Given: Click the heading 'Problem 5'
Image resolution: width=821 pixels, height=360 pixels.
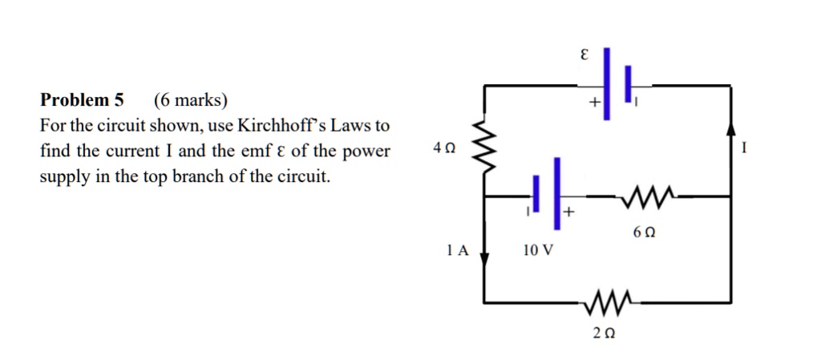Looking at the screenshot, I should click(x=82, y=100).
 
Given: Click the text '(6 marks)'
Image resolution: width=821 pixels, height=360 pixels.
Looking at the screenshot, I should click(x=191, y=100).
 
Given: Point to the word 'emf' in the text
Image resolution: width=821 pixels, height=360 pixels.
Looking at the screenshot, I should click(x=249, y=152).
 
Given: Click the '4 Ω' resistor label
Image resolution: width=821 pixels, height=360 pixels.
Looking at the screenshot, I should click(x=443, y=148).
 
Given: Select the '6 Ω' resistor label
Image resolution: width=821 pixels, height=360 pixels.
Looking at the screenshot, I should click(x=644, y=233).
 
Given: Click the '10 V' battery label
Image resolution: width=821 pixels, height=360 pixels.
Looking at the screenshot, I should click(x=537, y=250).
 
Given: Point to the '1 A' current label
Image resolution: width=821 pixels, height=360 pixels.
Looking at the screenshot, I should click(x=456, y=250).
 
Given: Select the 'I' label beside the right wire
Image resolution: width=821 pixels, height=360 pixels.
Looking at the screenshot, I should click(x=745, y=148).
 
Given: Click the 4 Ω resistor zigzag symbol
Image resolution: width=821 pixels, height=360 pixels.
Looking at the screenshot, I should click(x=483, y=141).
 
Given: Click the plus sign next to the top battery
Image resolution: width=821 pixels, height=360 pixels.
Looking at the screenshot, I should click(x=593, y=103).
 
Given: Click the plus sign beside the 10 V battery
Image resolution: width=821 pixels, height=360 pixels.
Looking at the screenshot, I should click(x=568, y=213).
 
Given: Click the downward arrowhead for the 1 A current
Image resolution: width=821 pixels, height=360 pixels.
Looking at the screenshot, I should click(x=483, y=254).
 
